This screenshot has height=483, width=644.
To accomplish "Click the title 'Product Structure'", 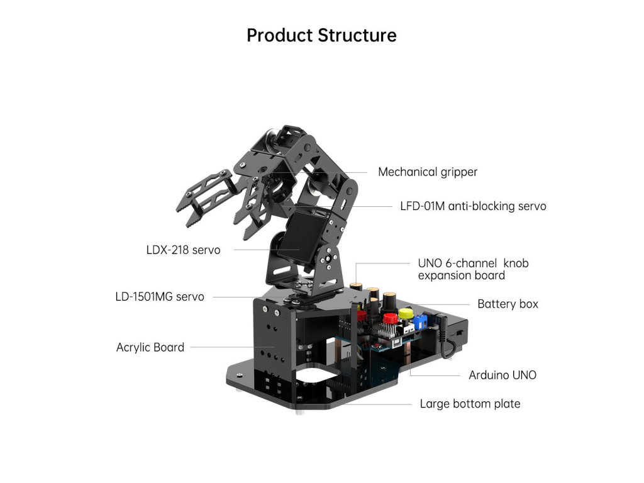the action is click(x=321, y=35).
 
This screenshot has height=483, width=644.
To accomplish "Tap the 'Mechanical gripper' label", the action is click(x=428, y=172).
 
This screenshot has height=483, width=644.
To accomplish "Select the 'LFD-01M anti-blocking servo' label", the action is click(x=473, y=206).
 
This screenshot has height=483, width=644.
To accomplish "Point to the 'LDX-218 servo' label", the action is click(x=183, y=250).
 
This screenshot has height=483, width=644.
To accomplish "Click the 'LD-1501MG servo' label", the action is click(x=160, y=296).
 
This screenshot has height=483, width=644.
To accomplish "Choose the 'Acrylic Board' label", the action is click(x=150, y=347).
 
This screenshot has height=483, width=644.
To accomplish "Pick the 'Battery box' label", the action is click(x=508, y=304).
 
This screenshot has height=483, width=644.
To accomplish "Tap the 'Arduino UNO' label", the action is click(x=502, y=375).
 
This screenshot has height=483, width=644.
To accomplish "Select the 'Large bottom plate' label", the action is click(x=470, y=404).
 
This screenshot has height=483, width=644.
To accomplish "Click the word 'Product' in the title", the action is click(x=279, y=35).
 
